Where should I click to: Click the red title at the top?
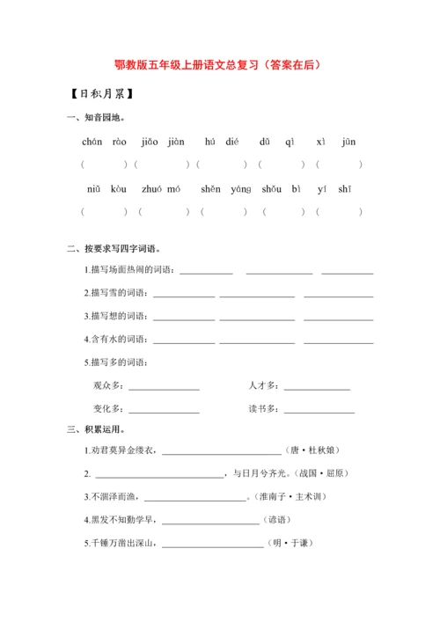tap(219, 64)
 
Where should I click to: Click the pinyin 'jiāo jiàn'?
tap(163, 142)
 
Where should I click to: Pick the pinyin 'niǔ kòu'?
tap(106, 189)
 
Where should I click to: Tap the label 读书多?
tap(264, 409)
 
